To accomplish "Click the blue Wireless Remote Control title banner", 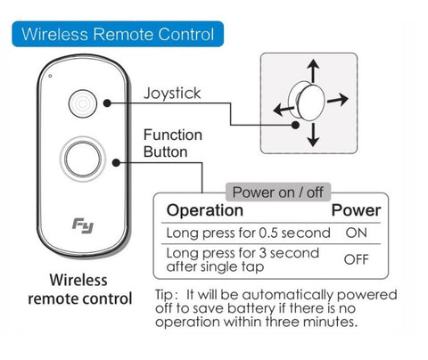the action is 118,34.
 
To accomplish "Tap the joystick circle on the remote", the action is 83,103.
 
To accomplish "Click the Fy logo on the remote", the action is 83,225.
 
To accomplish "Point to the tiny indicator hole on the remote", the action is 50,76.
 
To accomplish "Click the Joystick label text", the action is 172,93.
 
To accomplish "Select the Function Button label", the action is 173,143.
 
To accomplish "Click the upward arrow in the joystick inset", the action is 313,70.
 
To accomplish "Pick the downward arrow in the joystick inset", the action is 313,135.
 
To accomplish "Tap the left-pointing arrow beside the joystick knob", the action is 284,110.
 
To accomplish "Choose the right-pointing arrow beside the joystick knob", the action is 338,100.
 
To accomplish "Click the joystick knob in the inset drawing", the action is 308,101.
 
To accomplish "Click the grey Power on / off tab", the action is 278,192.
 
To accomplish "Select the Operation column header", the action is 205,210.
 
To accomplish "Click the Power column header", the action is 356,210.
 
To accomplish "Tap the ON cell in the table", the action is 356,233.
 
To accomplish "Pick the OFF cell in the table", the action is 356,259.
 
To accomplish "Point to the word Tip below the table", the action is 164,295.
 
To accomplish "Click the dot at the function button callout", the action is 116,162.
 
